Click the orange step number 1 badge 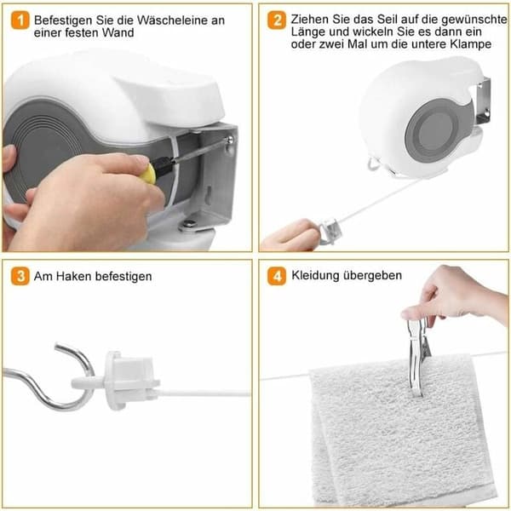click(20, 20)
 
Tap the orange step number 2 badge click(277, 20)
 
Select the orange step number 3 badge click(20, 276)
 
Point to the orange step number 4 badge click(277, 276)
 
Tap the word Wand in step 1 click(118, 32)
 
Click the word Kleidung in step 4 click(315, 276)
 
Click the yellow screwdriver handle click(148, 175)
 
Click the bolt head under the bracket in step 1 click(189, 224)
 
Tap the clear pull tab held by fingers click(330, 229)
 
